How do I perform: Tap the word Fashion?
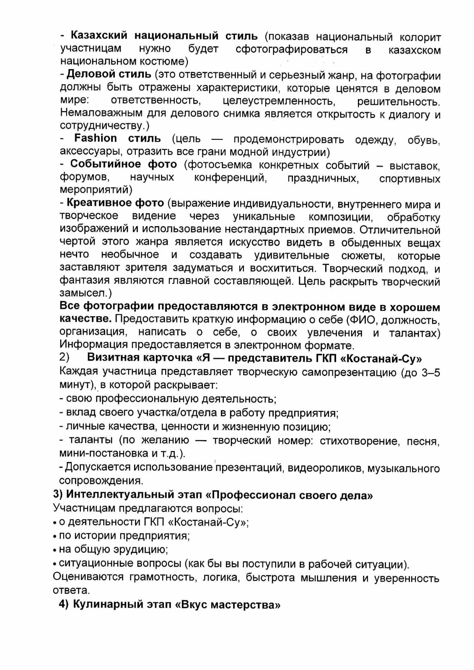click(x=96, y=138)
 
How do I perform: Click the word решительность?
click(x=398, y=101)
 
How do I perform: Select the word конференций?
click(x=230, y=178)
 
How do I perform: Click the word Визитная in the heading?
click(x=113, y=358)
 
